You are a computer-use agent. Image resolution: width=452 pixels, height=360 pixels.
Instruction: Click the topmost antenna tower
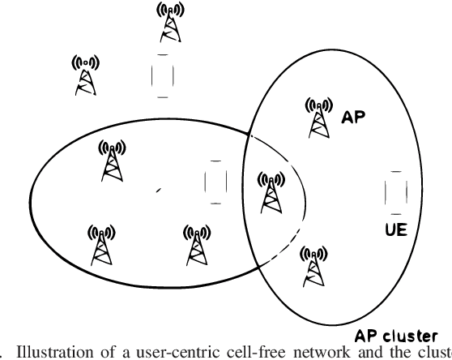coord(168,24)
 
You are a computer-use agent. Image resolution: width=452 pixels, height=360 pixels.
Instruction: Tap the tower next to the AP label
coord(318,117)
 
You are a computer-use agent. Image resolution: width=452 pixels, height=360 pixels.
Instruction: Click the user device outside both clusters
coord(163,75)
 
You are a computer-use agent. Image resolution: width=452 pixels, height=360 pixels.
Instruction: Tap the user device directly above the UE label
coord(394,192)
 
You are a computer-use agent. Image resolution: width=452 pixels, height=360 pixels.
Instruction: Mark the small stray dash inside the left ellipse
coord(159,190)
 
